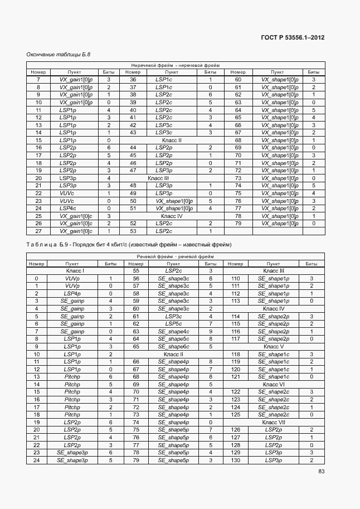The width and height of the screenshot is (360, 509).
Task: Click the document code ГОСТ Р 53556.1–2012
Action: pyautogui.click(x=293, y=38)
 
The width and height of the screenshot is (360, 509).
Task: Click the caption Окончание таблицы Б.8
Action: pyautogui.click(x=58, y=55)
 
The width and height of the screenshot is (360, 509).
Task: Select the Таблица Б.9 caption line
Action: pyautogui.click(x=128, y=245)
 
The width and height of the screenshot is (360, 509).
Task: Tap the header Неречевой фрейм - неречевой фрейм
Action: pyautogui.click(x=176, y=65)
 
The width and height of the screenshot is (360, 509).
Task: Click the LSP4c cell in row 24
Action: pyautogui.click(x=67, y=208)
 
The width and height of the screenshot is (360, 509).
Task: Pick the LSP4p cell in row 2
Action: pyautogui.click(x=72, y=293)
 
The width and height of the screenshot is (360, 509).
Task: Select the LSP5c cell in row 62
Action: pyautogui.click(x=173, y=323)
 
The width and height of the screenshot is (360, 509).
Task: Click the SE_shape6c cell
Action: pyautogui.click(x=173, y=346)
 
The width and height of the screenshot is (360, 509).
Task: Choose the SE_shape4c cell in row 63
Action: pyautogui.click(x=173, y=331)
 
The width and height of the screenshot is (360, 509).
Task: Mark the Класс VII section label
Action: pyautogui.click(x=274, y=422)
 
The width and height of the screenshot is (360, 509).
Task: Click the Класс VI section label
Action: pyautogui.click(x=274, y=384)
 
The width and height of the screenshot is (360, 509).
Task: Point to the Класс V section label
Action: pyautogui.click(x=274, y=346)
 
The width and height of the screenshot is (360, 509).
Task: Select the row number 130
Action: pyautogui.click(x=236, y=460)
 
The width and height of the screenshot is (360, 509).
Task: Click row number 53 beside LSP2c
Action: pyautogui.click(x=133, y=231)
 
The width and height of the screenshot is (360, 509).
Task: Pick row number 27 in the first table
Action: pyautogui.click(x=38, y=231)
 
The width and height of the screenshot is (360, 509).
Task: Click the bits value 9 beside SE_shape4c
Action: pyautogui.click(x=211, y=331)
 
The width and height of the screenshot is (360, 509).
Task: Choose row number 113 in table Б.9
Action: pyautogui.click(x=236, y=300)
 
